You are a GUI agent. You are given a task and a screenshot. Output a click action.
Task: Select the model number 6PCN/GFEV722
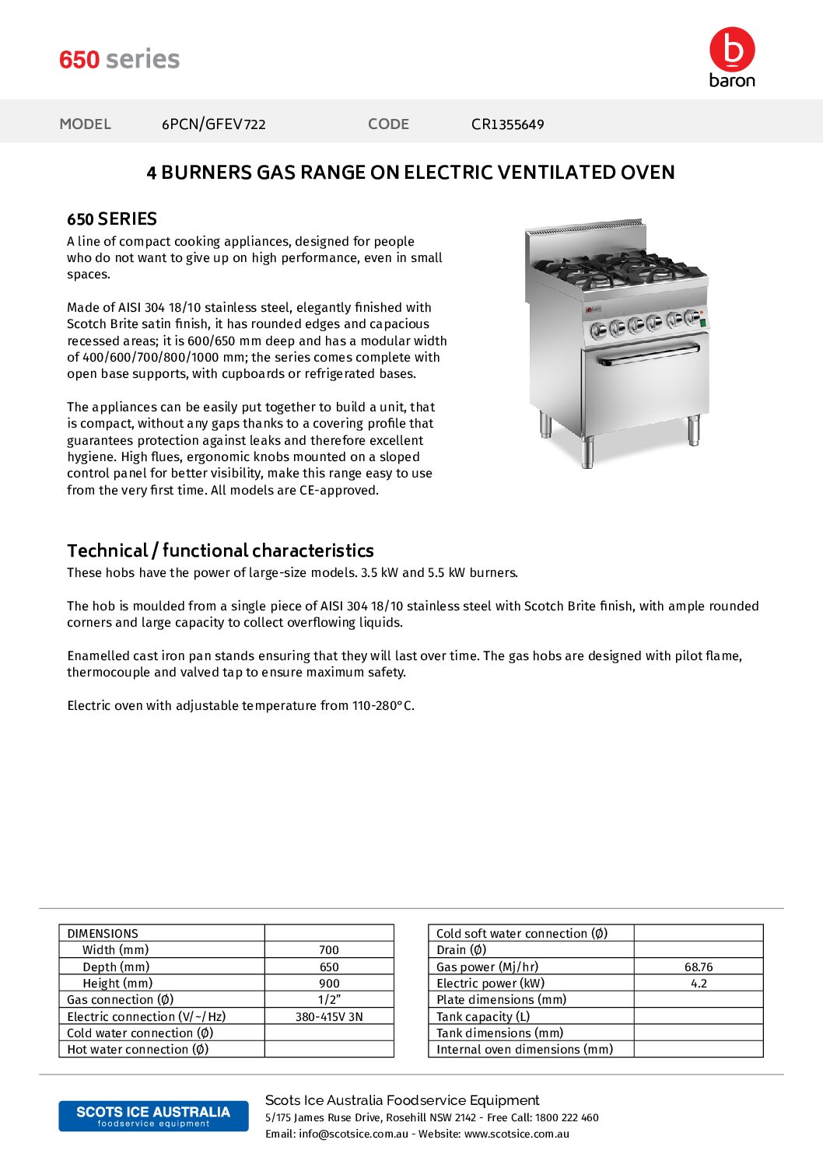213,124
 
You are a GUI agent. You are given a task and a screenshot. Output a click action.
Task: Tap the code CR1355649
507,124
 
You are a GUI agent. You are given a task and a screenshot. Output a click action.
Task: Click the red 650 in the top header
79,60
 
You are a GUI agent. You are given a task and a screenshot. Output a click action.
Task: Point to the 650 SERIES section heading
112,219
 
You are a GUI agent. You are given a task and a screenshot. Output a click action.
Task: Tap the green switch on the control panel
703,321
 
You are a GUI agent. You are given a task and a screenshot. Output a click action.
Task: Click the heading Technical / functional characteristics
220,551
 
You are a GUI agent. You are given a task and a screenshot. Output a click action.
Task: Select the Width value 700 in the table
329,950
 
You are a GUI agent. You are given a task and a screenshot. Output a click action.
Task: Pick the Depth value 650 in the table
329,967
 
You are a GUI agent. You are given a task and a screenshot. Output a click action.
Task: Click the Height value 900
329,984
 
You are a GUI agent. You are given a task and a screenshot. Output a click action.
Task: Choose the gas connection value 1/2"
329,1000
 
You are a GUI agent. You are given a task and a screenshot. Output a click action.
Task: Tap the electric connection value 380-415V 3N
329,1017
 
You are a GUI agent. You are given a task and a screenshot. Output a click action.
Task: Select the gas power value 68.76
699,967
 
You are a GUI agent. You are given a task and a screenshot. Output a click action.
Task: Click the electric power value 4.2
699,984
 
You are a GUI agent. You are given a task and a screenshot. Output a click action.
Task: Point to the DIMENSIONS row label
103,934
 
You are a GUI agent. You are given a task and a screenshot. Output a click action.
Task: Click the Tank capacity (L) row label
483,1017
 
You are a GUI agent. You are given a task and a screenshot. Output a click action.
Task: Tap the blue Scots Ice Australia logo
153,1116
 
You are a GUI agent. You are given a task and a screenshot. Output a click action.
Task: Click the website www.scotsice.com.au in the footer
517,1134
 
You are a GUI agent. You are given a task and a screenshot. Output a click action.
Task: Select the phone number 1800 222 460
567,1118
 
